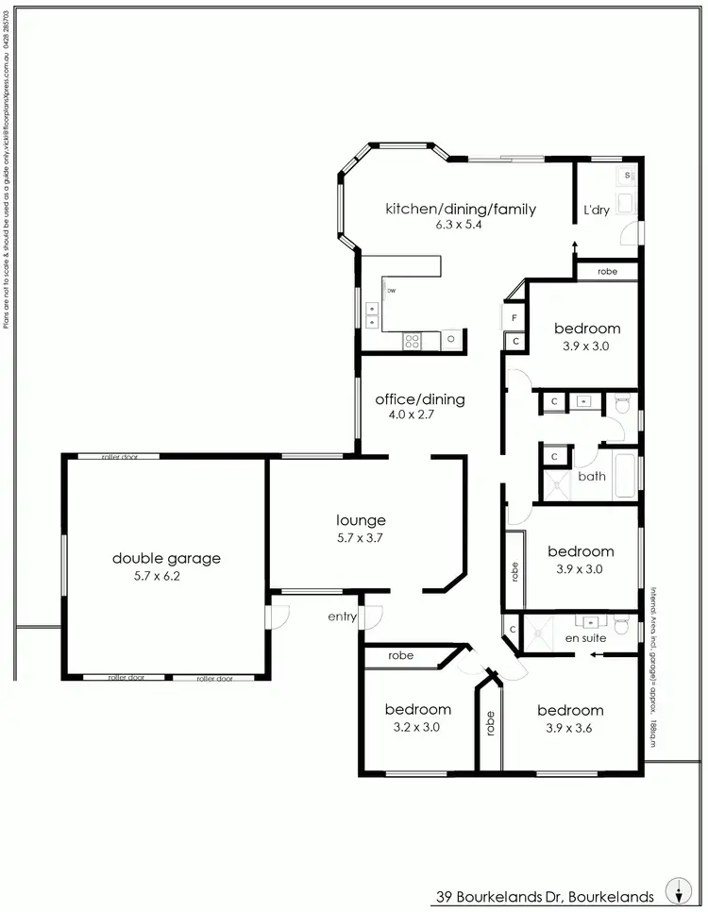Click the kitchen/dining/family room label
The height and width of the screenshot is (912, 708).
coord(460,209)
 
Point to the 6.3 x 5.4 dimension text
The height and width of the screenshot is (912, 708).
coord(460,226)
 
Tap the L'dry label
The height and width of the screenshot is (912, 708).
coord(596,210)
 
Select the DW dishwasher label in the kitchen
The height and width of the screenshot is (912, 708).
coord(390,291)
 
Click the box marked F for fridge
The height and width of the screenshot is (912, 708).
coord(514,318)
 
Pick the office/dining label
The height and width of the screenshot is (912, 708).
coord(419,399)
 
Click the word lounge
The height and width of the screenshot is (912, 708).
coord(362,520)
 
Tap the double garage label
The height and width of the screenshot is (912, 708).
coord(166,558)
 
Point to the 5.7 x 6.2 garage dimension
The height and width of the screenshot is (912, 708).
coord(157,575)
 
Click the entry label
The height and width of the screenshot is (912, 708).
coord(342,616)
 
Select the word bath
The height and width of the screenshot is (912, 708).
coord(592,476)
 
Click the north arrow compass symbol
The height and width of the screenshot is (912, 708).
coord(677,889)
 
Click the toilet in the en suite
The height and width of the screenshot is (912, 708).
coord(620,625)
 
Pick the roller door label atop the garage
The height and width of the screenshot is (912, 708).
coord(122,457)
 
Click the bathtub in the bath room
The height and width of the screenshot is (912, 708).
coord(625,477)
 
